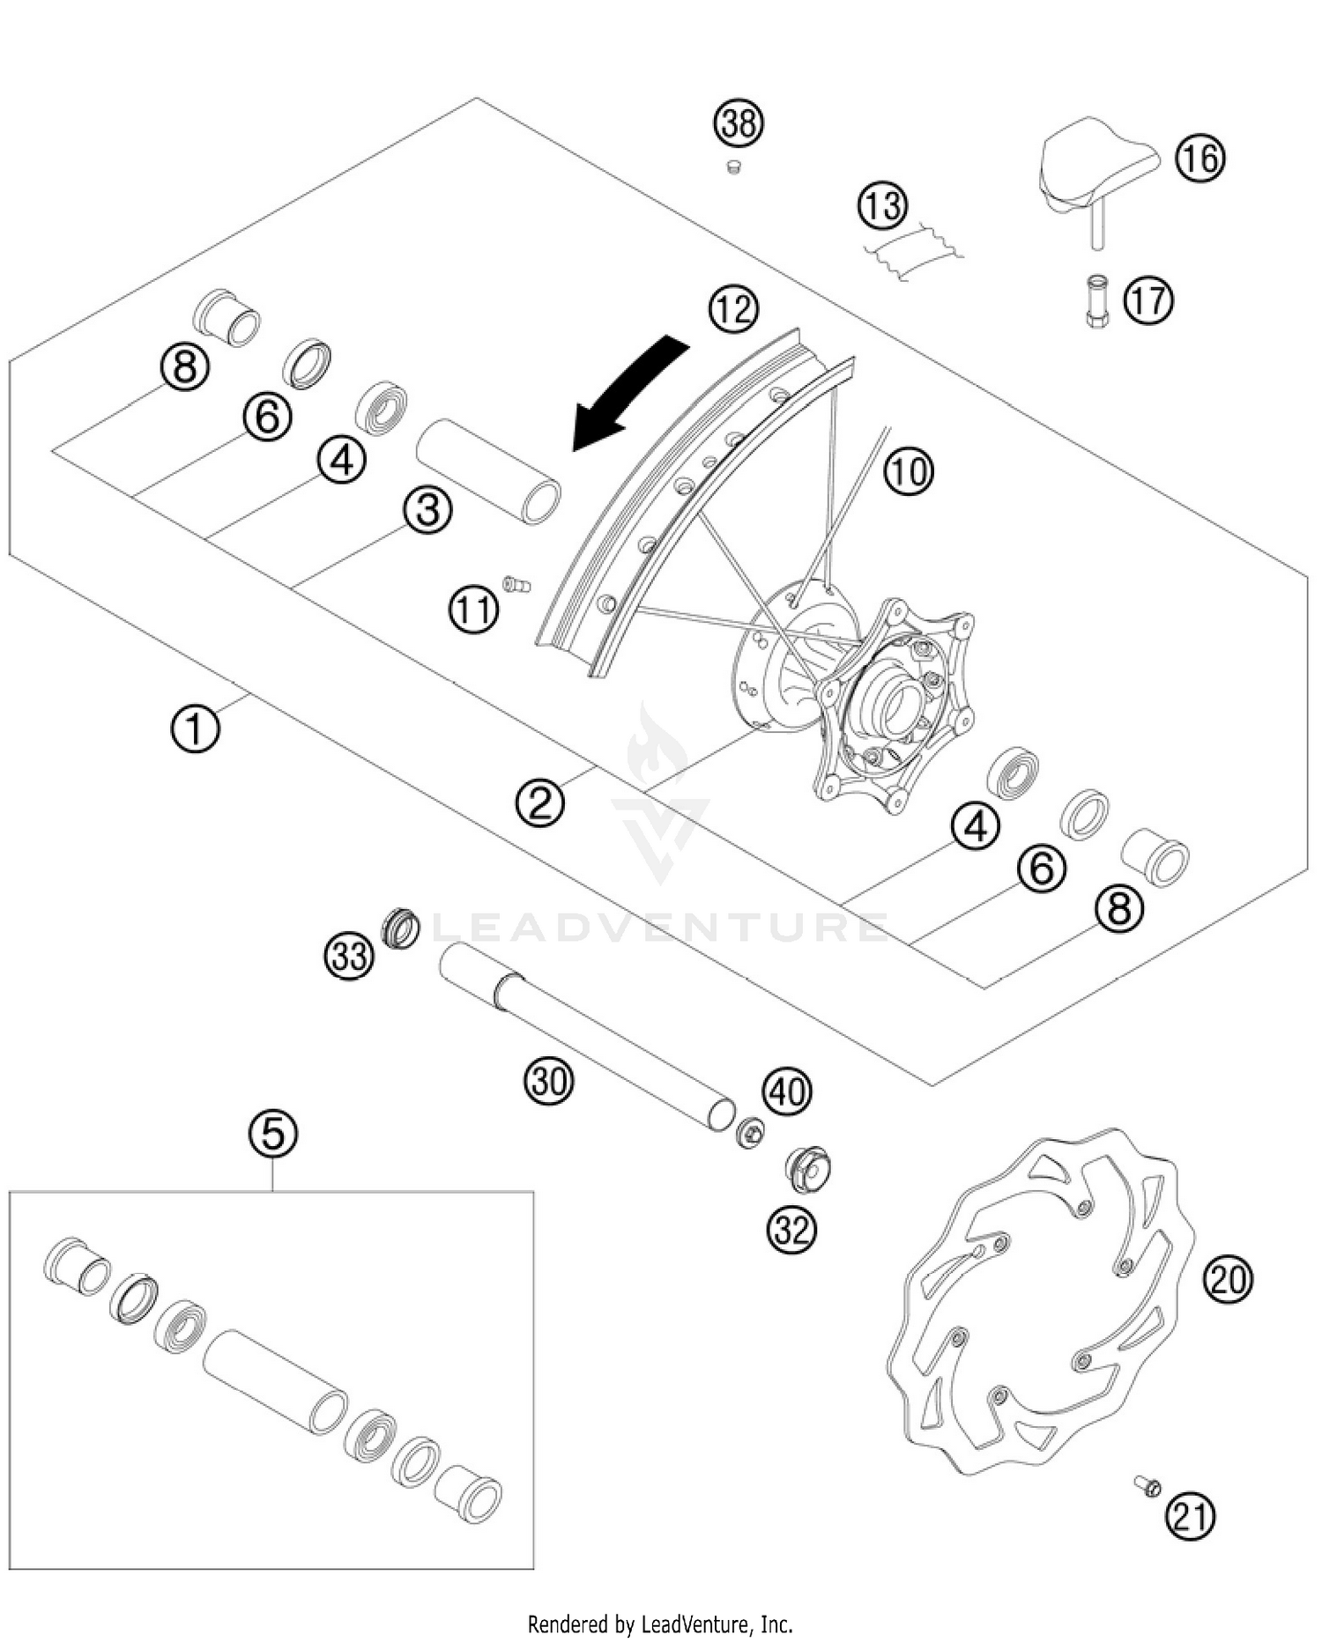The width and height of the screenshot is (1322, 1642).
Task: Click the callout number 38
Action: click(739, 123)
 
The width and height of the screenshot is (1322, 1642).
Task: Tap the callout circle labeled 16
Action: click(1200, 159)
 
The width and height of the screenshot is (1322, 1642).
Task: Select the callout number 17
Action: click(1147, 300)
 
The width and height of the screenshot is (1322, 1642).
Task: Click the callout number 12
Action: click(733, 309)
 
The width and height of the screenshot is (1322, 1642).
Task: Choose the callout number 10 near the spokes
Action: click(909, 471)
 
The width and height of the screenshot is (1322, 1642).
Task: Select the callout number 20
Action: click(1228, 1278)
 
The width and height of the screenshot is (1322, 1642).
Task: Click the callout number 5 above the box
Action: click(273, 1133)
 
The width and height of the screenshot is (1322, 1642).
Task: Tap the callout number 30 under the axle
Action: click(549, 1080)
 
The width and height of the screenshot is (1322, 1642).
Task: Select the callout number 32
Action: click(791, 1229)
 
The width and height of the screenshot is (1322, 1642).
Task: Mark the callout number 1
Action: click(195, 729)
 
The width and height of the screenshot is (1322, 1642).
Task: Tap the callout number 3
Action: click(428, 510)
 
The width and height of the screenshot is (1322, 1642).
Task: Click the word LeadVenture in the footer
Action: click(696, 1623)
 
